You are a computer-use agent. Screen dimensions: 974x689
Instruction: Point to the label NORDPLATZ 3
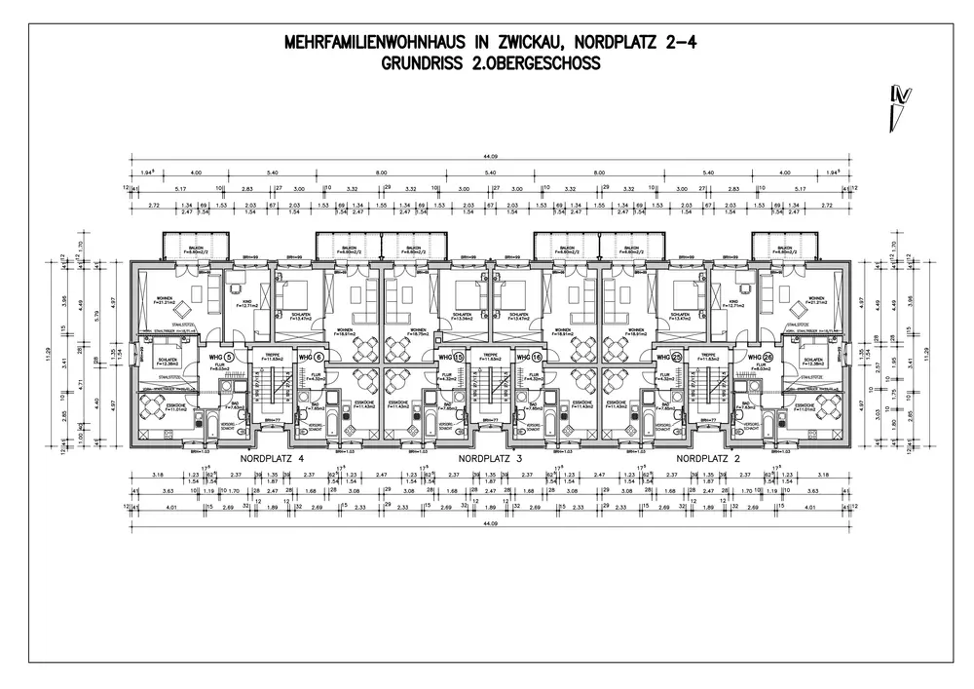click(x=491, y=458)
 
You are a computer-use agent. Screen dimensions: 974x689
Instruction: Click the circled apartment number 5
click(x=229, y=357)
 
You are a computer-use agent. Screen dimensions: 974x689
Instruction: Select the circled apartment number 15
click(x=458, y=357)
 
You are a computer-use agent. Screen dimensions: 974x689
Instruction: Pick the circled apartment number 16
click(x=534, y=357)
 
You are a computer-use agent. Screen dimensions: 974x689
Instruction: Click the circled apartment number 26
click(x=767, y=357)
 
